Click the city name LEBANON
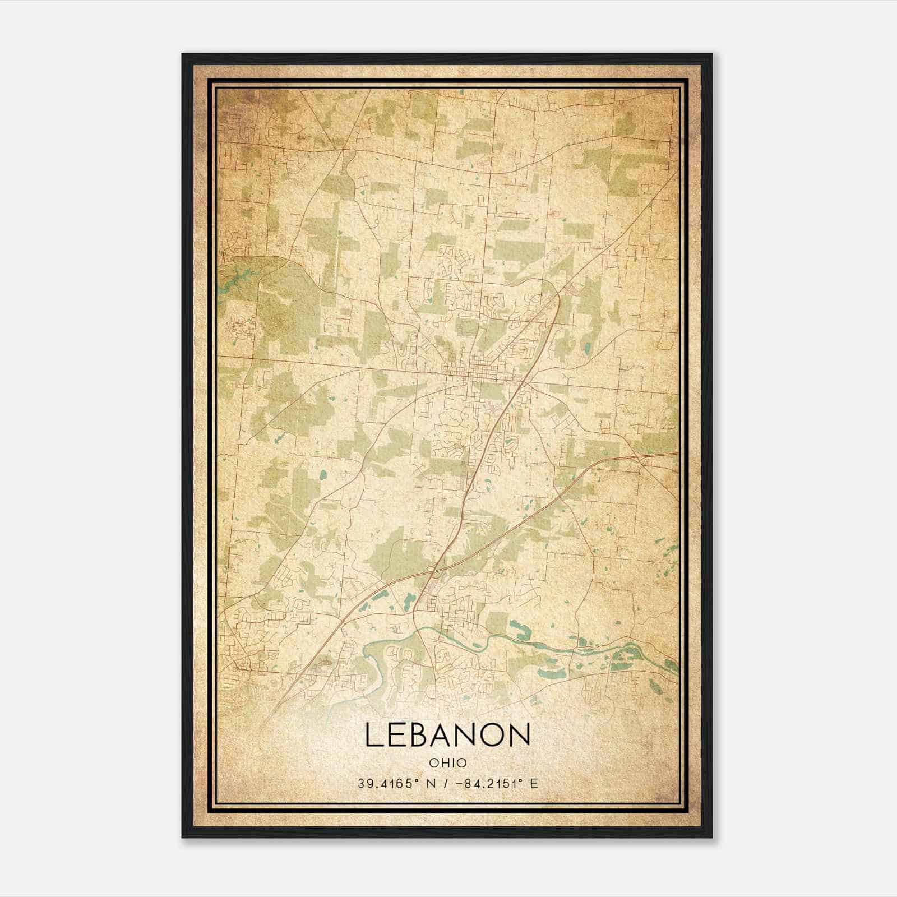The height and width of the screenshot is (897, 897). (447, 735)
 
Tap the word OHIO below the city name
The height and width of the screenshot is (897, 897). (447, 763)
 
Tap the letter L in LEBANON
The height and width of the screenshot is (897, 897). (374, 735)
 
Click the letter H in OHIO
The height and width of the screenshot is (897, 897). (443, 763)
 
